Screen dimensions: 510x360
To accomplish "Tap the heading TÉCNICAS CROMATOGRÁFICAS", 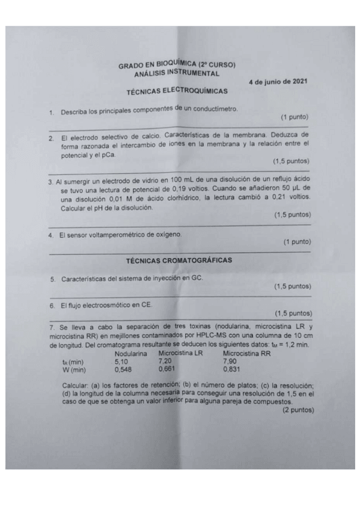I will (x=179, y=260).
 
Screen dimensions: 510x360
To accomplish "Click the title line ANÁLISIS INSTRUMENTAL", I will (x=177, y=73).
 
